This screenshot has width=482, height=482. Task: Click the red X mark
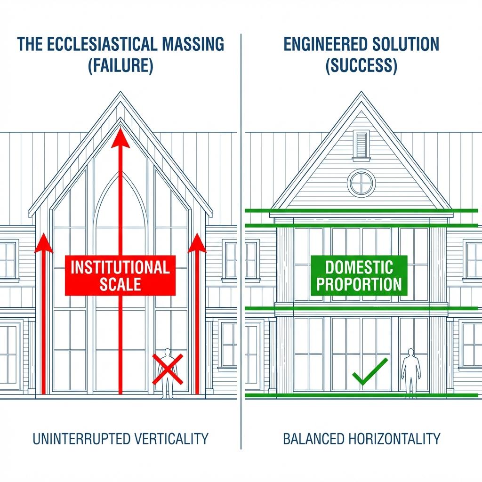pyautogui.click(x=168, y=369)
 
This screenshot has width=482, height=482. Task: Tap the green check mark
pyautogui.click(x=370, y=371)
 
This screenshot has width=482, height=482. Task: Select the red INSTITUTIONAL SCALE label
pyautogui.click(x=120, y=275)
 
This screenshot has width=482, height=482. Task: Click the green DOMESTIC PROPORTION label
pyautogui.click(x=359, y=275)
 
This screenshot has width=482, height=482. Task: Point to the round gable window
pyautogui.click(x=361, y=183)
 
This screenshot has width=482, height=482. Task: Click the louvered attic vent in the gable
pyautogui.click(x=361, y=144)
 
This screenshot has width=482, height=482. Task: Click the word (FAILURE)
pyautogui.click(x=120, y=65)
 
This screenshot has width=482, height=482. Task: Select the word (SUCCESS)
pyautogui.click(x=361, y=65)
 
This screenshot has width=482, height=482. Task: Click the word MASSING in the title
pyautogui.click(x=193, y=44)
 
